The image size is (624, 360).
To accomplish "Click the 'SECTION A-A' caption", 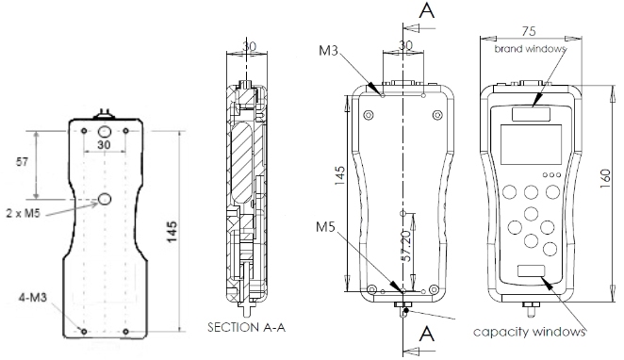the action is tap(247, 327).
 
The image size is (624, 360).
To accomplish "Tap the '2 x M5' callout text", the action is tap(23, 213).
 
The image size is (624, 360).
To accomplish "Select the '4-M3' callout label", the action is tap(33, 297).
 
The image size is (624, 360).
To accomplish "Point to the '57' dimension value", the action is tap(22, 161).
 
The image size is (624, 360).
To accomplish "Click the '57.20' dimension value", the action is tap(406, 246).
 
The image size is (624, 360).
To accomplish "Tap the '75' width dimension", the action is tap(529, 31).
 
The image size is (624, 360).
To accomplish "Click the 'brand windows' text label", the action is tap(530, 48).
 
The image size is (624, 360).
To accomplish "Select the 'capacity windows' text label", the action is tap(530, 332).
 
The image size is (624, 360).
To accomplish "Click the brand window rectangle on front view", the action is tap(531, 114).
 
